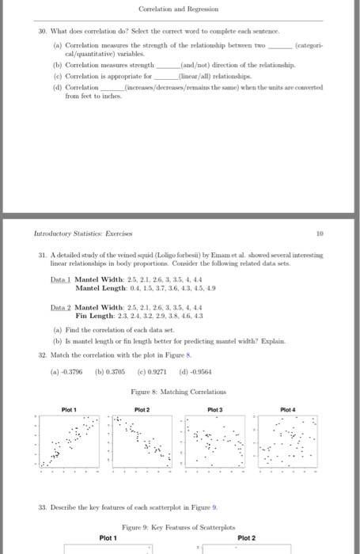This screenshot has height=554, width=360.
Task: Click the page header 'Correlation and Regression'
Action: pos(180,9)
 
